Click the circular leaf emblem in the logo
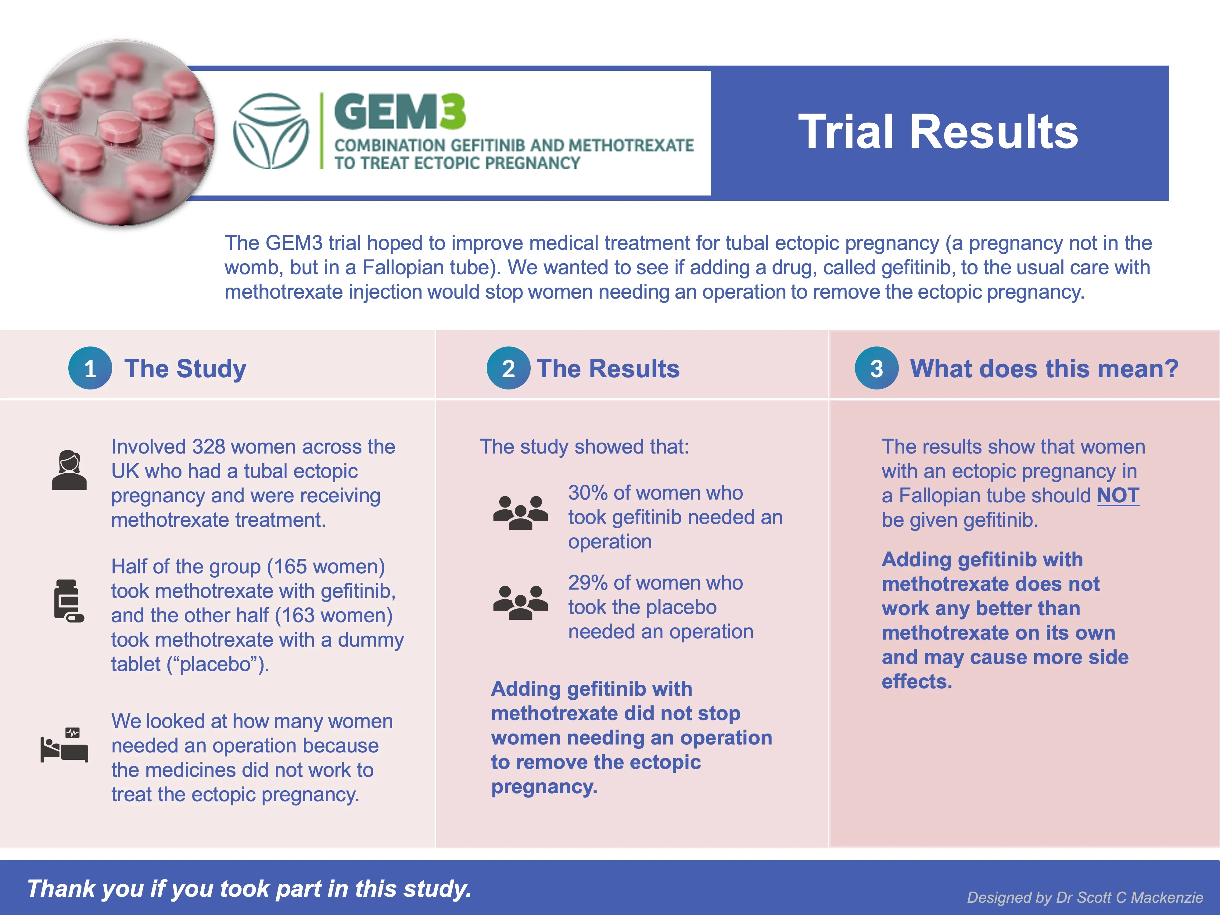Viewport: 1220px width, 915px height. (x=270, y=131)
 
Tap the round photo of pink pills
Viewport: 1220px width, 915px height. (x=121, y=132)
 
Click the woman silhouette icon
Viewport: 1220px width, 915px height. (x=70, y=470)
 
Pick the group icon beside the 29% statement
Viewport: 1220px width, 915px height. (x=520, y=602)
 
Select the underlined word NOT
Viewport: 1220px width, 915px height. (x=1118, y=495)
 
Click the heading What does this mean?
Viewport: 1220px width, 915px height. (x=1044, y=368)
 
